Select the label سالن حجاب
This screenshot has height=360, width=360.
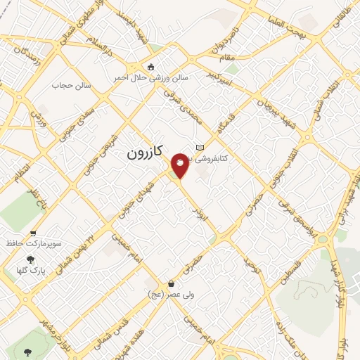(68, 86)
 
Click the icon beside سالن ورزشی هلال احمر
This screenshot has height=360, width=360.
(150, 67)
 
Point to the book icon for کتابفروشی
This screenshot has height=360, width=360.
(200, 147)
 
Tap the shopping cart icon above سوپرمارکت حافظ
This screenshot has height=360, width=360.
(33, 233)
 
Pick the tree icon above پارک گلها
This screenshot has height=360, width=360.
(30, 259)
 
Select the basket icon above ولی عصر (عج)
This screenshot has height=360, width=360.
(171, 283)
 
